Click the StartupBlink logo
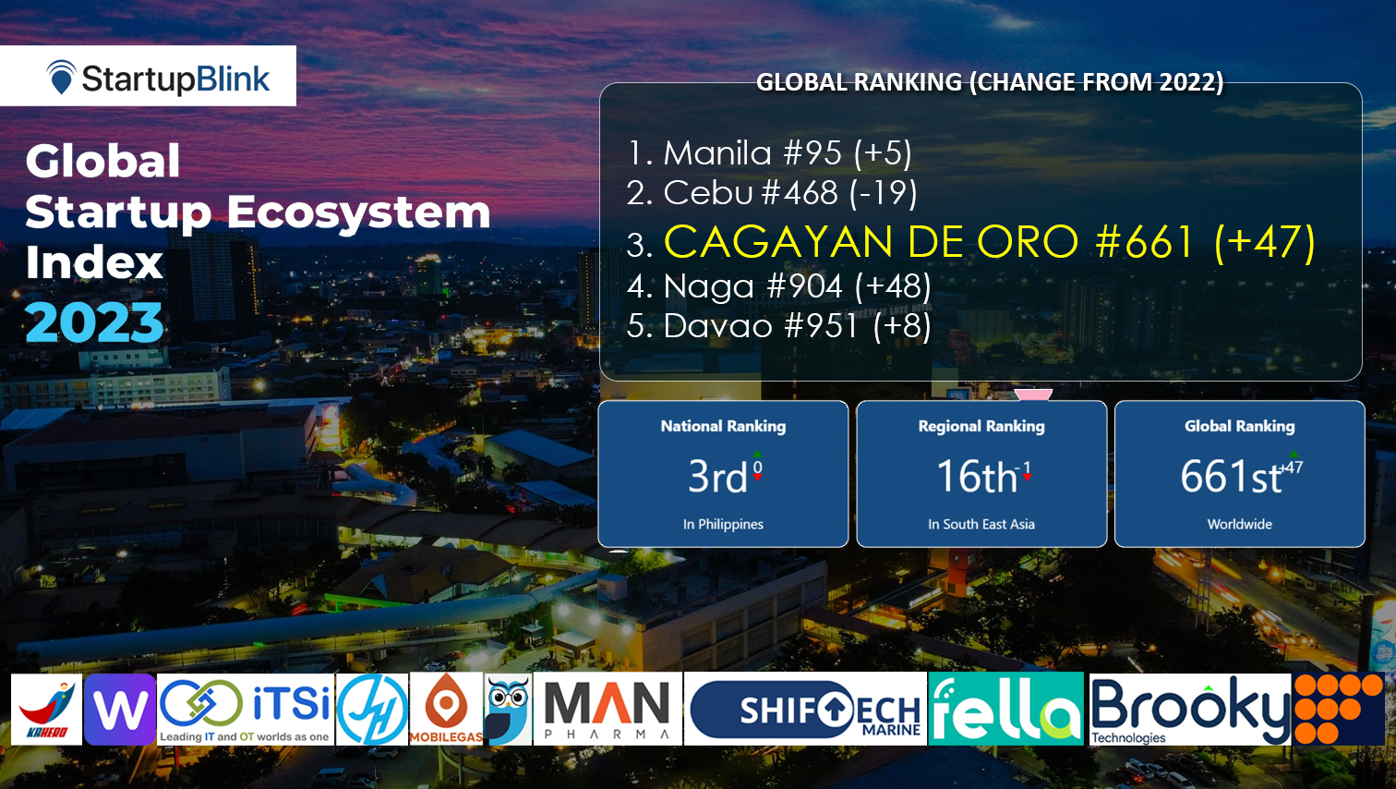[x=157, y=78]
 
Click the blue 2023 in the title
[x=94, y=322]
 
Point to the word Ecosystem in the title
[x=358, y=212]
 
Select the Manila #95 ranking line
[x=769, y=153]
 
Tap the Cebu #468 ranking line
[x=771, y=193]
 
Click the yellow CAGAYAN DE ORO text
[x=871, y=243]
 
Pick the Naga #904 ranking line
[x=778, y=286]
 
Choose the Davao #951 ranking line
[x=778, y=326]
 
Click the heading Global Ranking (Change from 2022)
[x=989, y=82]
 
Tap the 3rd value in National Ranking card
[x=717, y=477]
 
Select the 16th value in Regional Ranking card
[x=977, y=477]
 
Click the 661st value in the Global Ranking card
[x=1232, y=477]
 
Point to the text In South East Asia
[x=981, y=524]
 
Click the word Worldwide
[x=1239, y=524]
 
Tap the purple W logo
[x=120, y=710]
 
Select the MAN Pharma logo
[x=608, y=710]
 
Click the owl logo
[x=507, y=710]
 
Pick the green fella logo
[x=1005, y=710]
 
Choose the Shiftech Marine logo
[x=805, y=710]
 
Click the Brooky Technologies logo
[x=1189, y=710]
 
